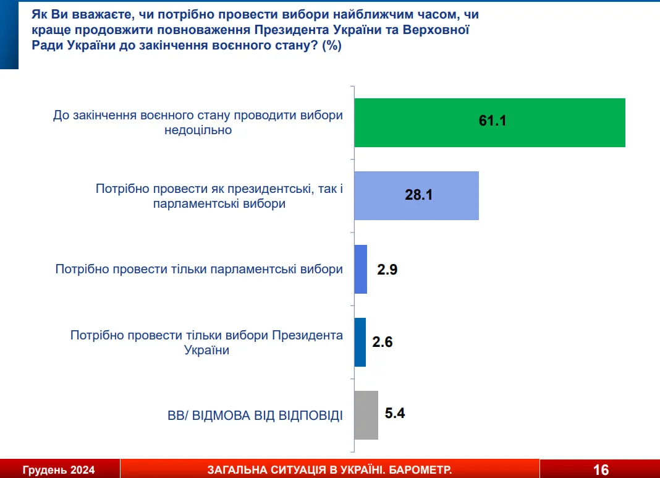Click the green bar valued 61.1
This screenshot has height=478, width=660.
pyautogui.click(x=489, y=122)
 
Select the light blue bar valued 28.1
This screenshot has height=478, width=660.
pyautogui.click(x=417, y=195)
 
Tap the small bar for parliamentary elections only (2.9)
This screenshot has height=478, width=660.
pyautogui.click(x=361, y=269)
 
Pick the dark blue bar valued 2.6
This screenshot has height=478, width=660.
pyautogui.click(x=360, y=342)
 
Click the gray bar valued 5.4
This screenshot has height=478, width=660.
pyautogui.click(x=366, y=416)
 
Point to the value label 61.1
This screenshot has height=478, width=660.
pyautogui.click(x=493, y=121)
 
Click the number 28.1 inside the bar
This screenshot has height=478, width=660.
pyautogui.click(x=419, y=195)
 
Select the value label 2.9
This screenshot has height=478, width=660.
pyautogui.click(x=387, y=269)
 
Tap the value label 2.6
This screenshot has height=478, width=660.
pyautogui.click(x=382, y=342)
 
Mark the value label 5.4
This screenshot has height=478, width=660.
pyautogui.click(x=395, y=413)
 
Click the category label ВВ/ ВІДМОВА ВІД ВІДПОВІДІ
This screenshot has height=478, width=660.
pyautogui.click(x=255, y=416)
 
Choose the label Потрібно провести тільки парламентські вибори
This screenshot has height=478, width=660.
pyautogui.click(x=199, y=269)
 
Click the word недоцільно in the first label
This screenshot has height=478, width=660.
pyautogui.click(x=198, y=130)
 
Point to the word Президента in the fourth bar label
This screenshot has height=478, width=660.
pyautogui.click(x=308, y=335)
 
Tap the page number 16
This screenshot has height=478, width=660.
pyautogui.click(x=601, y=469)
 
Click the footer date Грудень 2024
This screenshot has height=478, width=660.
pyautogui.click(x=59, y=470)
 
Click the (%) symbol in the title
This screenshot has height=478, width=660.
pyautogui.click(x=332, y=46)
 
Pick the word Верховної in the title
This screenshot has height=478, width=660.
pyautogui.click(x=436, y=30)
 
